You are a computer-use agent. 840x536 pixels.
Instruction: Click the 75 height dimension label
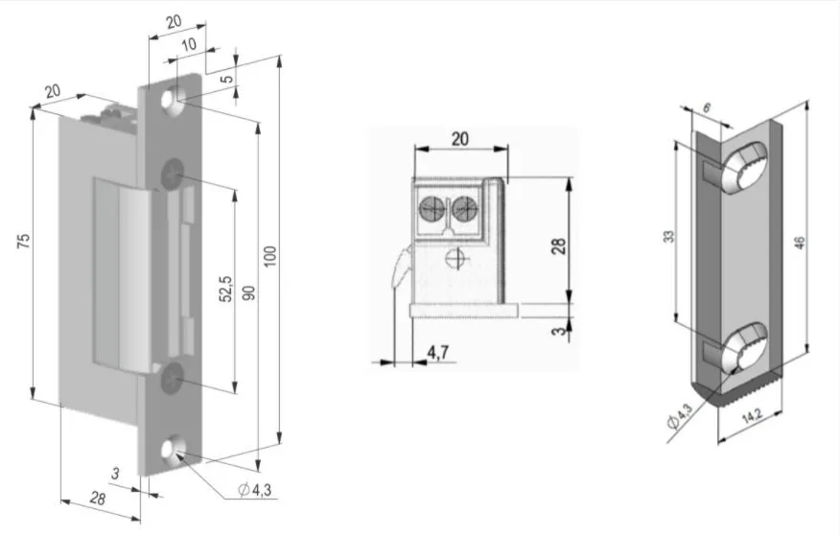pyautogui.click(x=24, y=241)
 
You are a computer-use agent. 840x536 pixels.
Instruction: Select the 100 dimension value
pyautogui.click(x=270, y=256)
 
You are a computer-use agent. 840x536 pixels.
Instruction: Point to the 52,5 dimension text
pyautogui.click(x=226, y=290)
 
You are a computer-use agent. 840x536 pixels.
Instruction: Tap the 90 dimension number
pyautogui.click(x=249, y=292)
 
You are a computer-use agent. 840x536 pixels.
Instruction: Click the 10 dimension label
pyautogui.click(x=189, y=44)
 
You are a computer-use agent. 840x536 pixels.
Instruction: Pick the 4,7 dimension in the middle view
pyautogui.click(x=438, y=352)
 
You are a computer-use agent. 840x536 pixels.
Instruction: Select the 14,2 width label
pyautogui.click(x=752, y=417)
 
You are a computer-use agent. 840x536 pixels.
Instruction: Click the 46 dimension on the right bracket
pyautogui.click(x=800, y=243)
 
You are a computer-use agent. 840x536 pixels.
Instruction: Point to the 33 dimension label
pyautogui.click(x=669, y=237)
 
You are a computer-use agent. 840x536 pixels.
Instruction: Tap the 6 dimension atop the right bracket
pyautogui.click(x=707, y=108)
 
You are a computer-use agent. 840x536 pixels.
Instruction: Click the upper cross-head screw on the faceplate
pyautogui.click(x=172, y=174)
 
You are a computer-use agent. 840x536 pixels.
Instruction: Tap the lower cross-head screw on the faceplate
pyautogui.click(x=171, y=379)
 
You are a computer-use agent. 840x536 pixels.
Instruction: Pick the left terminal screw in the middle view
pyautogui.click(x=432, y=208)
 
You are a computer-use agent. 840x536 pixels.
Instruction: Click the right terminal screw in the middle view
pyautogui.click(x=464, y=208)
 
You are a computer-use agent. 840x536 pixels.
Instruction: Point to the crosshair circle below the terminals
pyautogui.click(x=455, y=259)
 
